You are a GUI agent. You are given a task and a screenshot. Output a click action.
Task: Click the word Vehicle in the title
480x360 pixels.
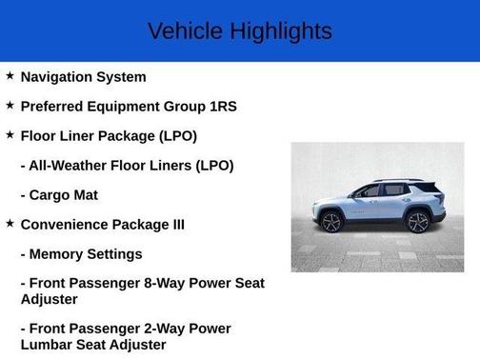[x=182, y=30]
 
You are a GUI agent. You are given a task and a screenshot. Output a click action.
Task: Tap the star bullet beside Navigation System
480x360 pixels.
[x=10, y=75]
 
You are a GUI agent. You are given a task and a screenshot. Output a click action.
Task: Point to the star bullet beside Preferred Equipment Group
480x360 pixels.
[x=10, y=105]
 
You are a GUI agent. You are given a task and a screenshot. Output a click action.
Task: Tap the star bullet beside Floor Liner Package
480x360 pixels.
[x=10, y=134]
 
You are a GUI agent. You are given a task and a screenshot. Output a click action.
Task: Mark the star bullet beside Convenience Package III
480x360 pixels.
[x=10, y=224]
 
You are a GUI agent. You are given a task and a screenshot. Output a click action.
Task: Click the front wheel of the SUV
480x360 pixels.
[x=331, y=222]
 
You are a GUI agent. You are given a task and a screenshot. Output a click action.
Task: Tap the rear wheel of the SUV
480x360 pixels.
[x=417, y=222]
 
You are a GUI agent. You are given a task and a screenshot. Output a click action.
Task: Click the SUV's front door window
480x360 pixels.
[x=369, y=191]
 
